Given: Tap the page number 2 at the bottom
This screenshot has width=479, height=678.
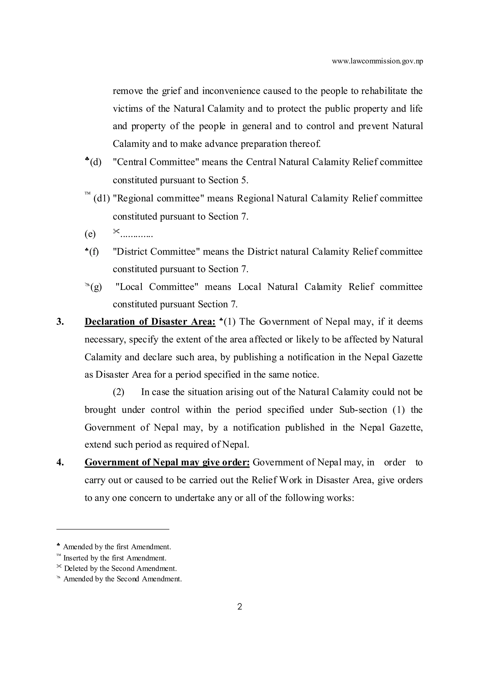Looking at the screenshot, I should click(x=239, y=607).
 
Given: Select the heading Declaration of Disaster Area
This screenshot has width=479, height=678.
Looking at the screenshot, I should click(x=150, y=322).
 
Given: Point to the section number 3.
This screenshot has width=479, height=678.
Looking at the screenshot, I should click(x=60, y=322).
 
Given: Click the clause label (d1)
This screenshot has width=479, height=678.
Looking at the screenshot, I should click(x=102, y=198).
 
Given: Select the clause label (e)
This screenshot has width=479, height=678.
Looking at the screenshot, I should click(x=90, y=234).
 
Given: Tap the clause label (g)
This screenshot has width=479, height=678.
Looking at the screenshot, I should click(x=96, y=287).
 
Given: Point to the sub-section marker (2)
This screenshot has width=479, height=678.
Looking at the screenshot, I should click(x=118, y=392).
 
